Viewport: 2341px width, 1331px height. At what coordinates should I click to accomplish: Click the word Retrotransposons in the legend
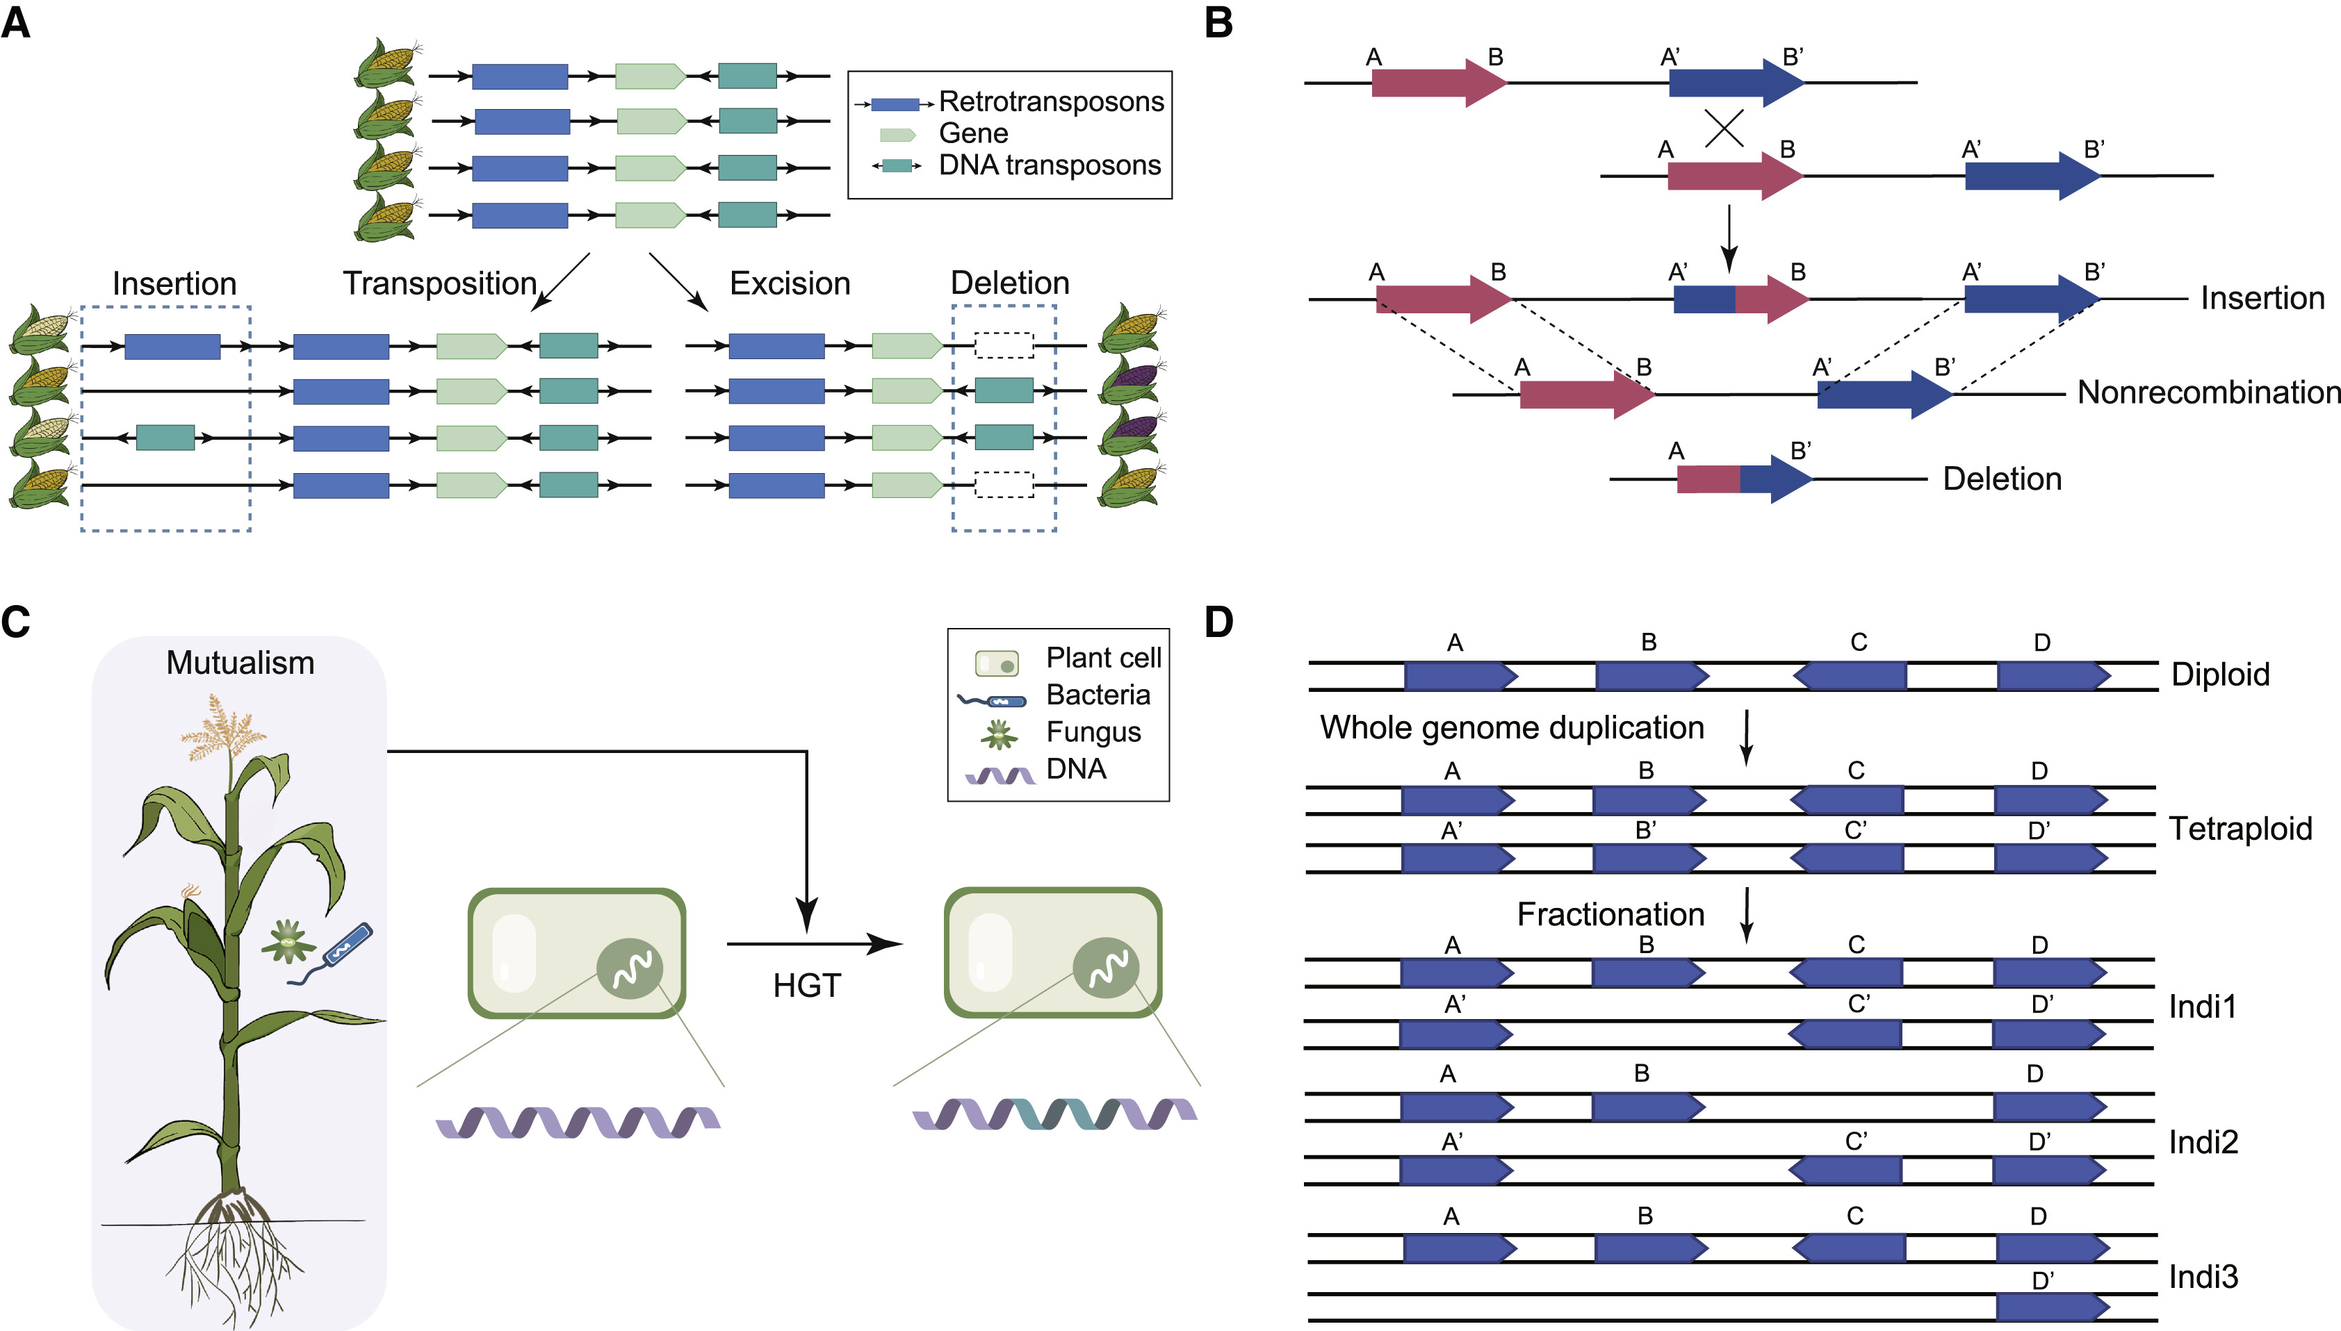[1051, 101]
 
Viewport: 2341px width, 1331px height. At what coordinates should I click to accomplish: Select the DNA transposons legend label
[1049, 165]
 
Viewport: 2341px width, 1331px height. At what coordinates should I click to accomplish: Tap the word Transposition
[439, 283]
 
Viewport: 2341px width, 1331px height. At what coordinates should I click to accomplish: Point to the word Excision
[789, 283]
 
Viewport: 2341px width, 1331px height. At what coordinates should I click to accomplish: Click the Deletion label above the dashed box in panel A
[1009, 283]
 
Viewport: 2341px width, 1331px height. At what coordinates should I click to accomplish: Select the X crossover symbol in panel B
[1724, 128]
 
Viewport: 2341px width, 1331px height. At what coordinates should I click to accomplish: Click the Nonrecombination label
[2208, 392]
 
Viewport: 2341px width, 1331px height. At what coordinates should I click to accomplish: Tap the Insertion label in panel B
[2262, 298]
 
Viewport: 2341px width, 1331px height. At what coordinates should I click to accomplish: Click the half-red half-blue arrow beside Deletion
[1742, 479]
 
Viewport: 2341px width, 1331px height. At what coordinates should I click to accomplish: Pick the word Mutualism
[240, 663]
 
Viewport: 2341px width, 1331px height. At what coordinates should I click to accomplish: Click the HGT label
[806, 986]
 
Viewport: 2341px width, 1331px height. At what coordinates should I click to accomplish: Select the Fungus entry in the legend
[1093, 732]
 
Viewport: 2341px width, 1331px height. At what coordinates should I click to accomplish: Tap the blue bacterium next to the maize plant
[345, 947]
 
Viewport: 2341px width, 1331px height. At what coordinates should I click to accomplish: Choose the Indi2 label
[2203, 1143]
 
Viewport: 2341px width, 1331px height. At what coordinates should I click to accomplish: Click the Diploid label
[2219, 675]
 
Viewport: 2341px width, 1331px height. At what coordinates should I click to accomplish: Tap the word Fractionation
[1610, 914]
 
